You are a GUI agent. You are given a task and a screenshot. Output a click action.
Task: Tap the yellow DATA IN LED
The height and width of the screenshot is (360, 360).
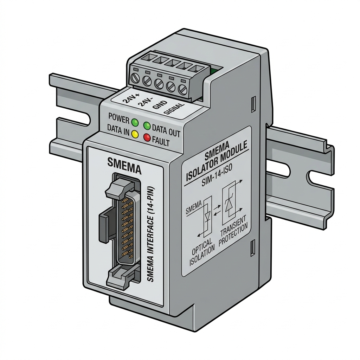(135, 134)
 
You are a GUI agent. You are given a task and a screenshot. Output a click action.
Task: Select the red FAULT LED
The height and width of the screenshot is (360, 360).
(147, 137)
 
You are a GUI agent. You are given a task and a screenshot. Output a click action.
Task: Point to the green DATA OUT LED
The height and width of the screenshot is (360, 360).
(147, 126)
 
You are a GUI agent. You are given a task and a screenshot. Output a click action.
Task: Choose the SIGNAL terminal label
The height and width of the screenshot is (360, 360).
(174, 108)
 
